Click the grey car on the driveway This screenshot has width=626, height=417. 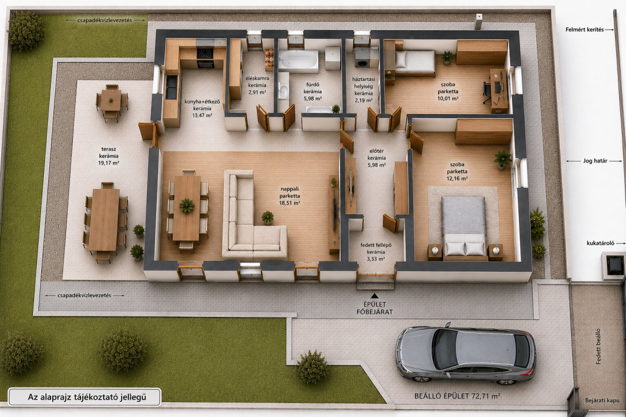[x=465, y=354]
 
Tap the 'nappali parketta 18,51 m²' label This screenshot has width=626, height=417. [x=289, y=196]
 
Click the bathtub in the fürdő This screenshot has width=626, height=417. [x=299, y=61]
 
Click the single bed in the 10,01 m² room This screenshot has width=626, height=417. [x=414, y=62]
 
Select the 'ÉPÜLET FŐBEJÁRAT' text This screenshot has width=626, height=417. [x=374, y=308]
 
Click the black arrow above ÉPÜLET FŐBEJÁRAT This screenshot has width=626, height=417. [x=374, y=296]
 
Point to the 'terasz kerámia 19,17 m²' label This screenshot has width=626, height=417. [x=108, y=156]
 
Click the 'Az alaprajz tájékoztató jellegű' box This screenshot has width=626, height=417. [x=85, y=397]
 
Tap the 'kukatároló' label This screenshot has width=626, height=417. [x=600, y=243]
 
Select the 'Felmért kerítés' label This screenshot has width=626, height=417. [x=584, y=29]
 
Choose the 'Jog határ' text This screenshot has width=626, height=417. [x=595, y=161]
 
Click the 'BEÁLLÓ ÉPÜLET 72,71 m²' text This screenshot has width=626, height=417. [x=457, y=396]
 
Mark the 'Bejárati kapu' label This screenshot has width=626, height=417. [x=602, y=400]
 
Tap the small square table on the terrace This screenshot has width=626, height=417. [x=111, y=100]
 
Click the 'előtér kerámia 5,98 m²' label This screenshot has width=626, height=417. [x=376, y=158]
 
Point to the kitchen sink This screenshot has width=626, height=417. [x=171, y=87]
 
